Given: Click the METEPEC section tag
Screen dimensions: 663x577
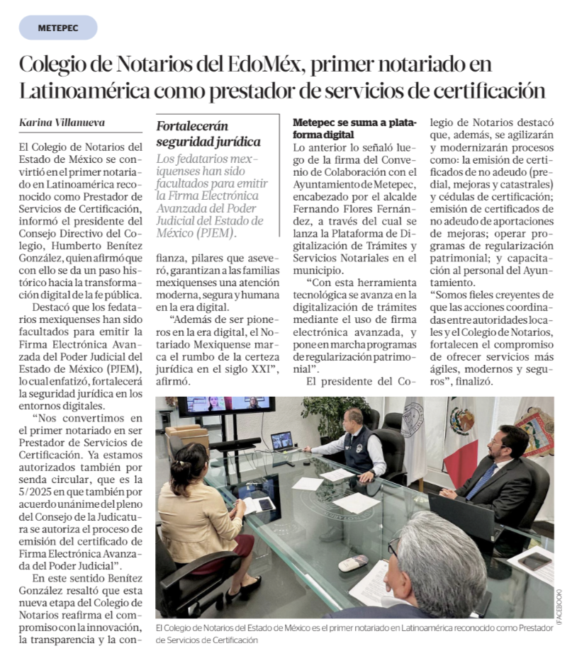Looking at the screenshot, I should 58,28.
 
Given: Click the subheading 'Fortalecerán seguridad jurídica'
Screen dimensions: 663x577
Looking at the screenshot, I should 208,134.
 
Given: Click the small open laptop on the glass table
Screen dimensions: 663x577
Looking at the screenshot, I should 282,441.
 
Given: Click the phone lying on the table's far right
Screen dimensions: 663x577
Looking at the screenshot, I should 535,561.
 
